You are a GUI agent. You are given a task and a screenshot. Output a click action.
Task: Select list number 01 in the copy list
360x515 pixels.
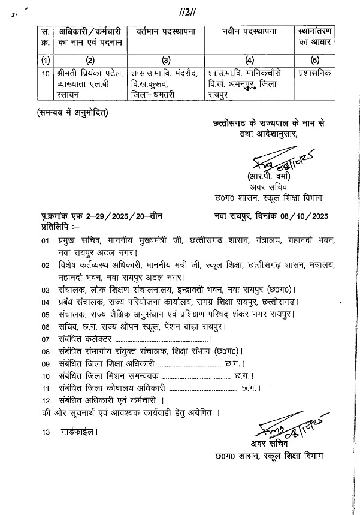(46, 240)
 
